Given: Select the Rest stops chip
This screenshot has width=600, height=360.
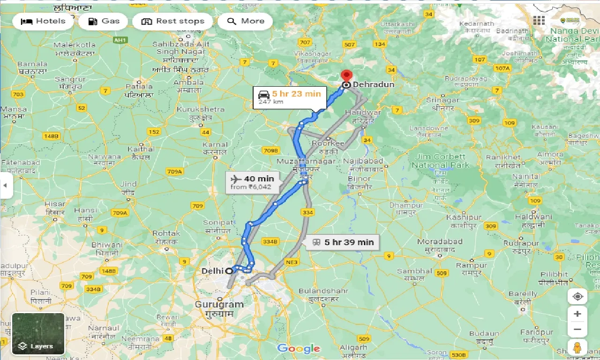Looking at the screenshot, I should tap(172, 21).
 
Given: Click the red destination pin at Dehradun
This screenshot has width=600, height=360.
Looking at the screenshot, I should tap(346, 76).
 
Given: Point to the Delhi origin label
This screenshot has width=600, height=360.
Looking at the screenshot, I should tap(212, 271).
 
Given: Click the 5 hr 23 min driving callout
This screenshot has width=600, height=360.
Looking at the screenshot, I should tap(289, 97).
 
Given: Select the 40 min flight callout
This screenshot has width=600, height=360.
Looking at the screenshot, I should tap(252, 182).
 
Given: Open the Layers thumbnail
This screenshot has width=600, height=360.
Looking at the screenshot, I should tap(38, 334).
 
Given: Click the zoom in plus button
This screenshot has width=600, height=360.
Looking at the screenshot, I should tap(577, 314).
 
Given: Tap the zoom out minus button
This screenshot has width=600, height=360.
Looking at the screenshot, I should tap(577, 330).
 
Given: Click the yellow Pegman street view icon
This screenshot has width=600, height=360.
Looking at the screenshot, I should tap(577, 347).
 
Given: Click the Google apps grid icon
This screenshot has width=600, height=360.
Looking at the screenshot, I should tap(539, 21).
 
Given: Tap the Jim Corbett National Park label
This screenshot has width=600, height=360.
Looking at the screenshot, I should tap(438, 161).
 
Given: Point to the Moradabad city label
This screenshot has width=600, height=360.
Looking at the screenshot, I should tap(440, 242).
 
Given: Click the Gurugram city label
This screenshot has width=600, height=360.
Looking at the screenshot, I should tap(219, 305).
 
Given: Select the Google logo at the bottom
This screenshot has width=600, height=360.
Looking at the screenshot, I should tap(299, 348).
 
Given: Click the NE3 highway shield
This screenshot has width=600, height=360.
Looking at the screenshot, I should tap(292, 262).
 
